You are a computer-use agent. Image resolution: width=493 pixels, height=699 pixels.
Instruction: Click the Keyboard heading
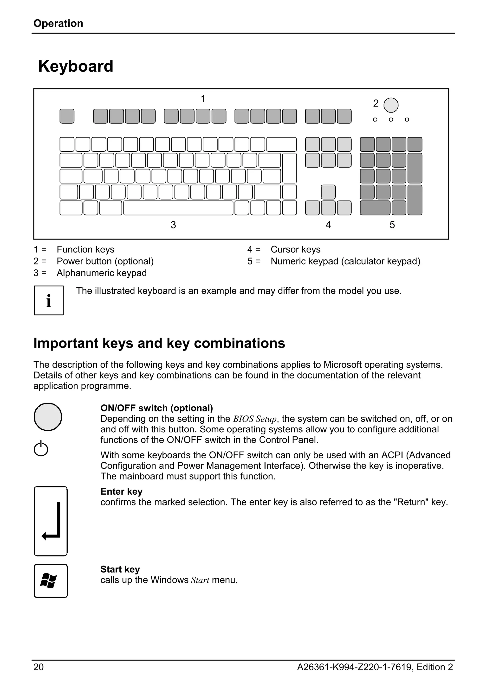[x=76, y=66]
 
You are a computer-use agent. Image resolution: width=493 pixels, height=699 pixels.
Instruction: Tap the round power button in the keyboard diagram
[x=391, y=105]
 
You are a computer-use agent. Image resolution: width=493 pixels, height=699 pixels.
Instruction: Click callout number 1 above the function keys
[x=203, y=99]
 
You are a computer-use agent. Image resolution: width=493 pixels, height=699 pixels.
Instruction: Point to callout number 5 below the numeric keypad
[x=392, y=225]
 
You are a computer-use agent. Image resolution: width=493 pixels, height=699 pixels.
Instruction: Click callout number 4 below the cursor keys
[x=328, y=225]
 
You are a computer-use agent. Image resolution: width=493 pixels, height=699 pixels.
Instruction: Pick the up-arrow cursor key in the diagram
[x=328, y=192]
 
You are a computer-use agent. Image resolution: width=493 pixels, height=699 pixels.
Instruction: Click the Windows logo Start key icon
[x=51, y=581]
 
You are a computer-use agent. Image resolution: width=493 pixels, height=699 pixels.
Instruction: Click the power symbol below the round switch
[x=41, y=448]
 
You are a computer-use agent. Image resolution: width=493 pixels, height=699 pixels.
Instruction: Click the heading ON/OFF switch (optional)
[x=157, y=408]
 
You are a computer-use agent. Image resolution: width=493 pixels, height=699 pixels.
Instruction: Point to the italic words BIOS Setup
[x=255, y=419]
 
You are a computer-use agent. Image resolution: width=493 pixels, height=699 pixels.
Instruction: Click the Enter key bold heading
[x=121, y=491]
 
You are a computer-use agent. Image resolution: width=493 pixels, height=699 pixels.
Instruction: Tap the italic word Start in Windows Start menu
[x=200, y=580]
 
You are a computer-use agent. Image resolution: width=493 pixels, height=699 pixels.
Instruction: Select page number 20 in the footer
[x=38, y=667]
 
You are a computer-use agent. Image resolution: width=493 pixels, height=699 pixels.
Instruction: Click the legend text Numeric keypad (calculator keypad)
[x=345, y=261]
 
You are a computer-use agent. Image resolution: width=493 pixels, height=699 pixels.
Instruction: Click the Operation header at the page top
[x=58, y=23]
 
